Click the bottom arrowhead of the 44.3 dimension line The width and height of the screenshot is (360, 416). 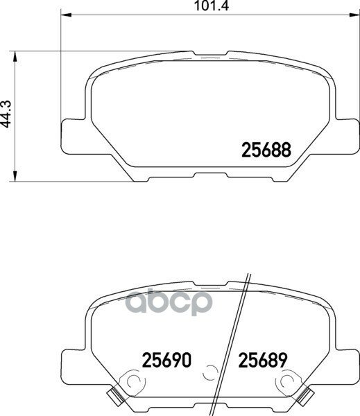click(17, 177)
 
